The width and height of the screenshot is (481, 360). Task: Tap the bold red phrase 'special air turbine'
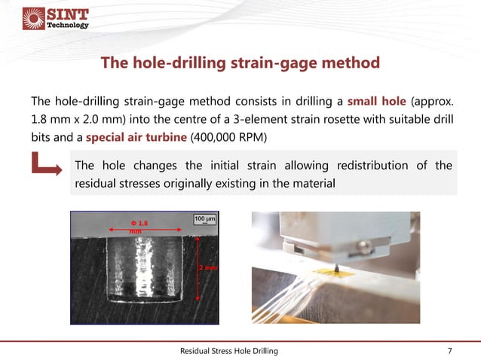point(130,137)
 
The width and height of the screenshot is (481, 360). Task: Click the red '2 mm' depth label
point(207,267)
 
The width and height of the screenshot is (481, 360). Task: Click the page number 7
point(450,351)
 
